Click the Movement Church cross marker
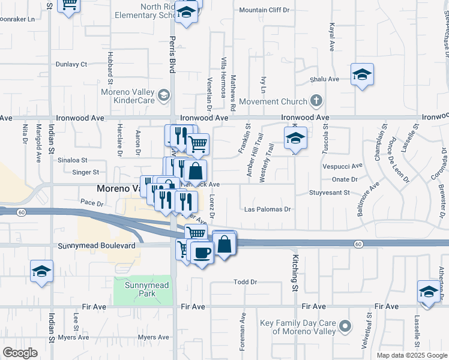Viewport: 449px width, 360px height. coord(318,101)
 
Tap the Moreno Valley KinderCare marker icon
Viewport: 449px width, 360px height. coord(163,95)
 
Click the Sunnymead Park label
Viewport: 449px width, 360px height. coord(140,289)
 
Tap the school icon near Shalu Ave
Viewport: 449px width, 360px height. coord(362,75)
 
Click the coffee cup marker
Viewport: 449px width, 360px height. coord(201,252)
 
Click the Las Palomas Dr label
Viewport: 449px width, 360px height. coord(268,209)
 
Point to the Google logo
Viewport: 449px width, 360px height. coord(20,353)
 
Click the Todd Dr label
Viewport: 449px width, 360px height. coord(245,281)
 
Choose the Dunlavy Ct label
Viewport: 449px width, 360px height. coord(71,64)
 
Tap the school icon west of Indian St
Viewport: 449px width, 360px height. coord(42,271)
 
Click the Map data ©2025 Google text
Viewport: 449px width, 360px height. coord(412,355)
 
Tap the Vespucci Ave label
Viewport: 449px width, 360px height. coord(343,166)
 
